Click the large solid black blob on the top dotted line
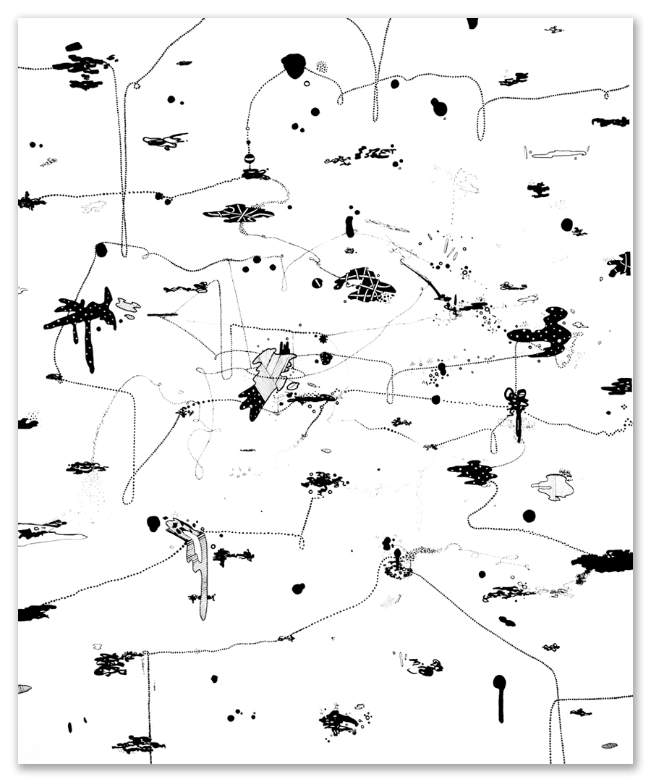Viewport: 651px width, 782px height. [x=294, y=65]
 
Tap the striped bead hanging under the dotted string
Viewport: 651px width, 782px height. [x=250, y=159]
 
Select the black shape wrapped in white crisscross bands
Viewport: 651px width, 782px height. [x=365, y=285]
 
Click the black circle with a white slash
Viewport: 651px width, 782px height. [x=316, y=283]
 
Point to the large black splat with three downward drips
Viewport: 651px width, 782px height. [x=83, y=319]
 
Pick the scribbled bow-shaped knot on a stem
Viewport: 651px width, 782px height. [x=516, y=403]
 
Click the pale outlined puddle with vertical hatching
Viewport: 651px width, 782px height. [x=554, y=487]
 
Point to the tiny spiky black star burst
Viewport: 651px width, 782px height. [x=323, y=338]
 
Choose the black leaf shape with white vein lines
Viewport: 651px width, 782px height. [x=239, y=213]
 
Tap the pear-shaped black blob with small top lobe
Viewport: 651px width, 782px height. [x=438, y=107]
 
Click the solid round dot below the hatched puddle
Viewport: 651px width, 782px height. [x=529, y=516]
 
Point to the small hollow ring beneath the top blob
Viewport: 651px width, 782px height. [x=307, y=84]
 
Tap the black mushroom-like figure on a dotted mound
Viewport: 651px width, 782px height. [x=397, y=565]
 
